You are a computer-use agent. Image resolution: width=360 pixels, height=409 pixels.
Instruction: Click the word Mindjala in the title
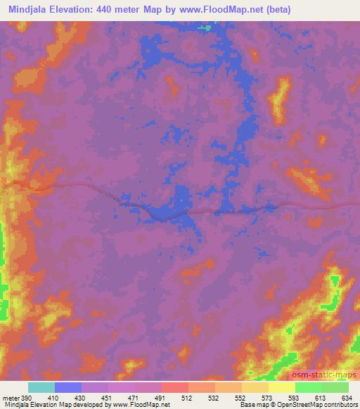[x=29, y=10]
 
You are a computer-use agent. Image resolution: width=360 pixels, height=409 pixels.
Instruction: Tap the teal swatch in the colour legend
[x=41, y=387]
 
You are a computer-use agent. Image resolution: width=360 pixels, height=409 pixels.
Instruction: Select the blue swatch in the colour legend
[x=68, y=387]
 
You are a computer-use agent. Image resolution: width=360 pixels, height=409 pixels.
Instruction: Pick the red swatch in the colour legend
[x=174, y=387]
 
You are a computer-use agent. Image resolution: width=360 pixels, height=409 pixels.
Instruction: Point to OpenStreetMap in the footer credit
[x=309, y=405]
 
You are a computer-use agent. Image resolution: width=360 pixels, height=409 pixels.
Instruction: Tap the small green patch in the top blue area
[x=205, y=28]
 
